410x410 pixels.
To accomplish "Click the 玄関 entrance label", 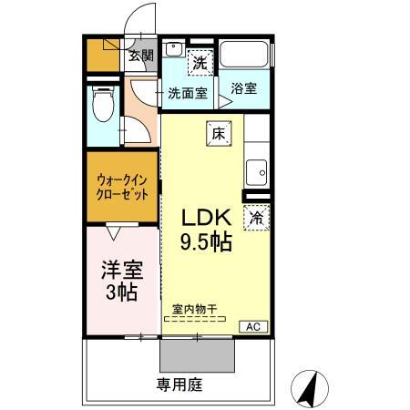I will coord(139,56).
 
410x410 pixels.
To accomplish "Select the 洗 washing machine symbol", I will coord(200,64).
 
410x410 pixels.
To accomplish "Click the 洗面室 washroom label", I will coord(188,92).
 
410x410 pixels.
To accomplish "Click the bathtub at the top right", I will coord(246,55).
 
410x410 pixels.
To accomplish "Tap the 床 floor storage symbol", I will coord(218,132).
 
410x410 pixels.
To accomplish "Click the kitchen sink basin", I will coord(257,170).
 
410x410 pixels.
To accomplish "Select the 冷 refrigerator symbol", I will coord(257,219).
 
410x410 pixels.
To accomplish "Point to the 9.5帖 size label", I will coord(207,242).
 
